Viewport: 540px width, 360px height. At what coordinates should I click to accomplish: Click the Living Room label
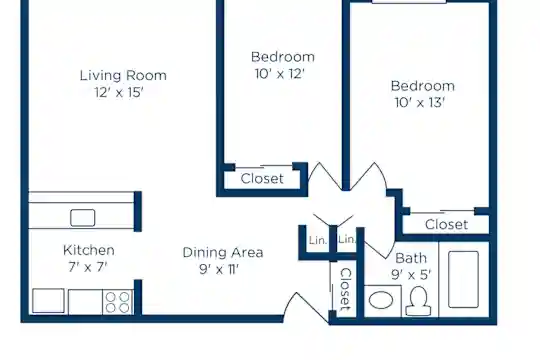tap(123, 75)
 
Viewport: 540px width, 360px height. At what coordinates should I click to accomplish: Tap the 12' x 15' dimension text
tap(119, 92)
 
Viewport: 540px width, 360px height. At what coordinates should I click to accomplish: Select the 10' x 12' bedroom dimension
tap(280, 74)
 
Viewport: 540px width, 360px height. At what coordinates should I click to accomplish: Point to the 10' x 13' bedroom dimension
tap(420, 103)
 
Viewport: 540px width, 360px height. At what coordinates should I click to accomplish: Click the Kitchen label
tap(89, 250)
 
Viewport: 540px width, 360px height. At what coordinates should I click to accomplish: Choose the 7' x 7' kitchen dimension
tap(88, 267)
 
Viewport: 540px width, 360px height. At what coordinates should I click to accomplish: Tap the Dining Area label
tap(223, 253)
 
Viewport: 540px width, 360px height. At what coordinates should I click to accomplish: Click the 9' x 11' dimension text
tap(219, 269)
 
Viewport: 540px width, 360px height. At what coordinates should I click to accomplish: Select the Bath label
tap(411, 258)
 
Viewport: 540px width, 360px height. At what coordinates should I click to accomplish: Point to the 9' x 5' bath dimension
tap(411, 275)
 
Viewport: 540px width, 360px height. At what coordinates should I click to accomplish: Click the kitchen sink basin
tap(83, 218)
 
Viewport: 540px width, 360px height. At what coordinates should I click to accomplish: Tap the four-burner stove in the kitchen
tap(117, 302)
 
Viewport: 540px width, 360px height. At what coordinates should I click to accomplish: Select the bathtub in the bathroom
tap(464, 279)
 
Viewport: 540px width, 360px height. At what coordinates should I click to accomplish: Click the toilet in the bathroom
tap(418, 301)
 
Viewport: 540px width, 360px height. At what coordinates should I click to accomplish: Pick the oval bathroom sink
tap(381, 300)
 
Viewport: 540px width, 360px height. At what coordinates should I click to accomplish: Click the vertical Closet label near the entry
tap(345, 289)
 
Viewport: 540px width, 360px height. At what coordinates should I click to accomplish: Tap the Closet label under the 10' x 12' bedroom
tap(262, 179)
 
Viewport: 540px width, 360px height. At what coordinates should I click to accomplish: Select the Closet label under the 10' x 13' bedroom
tap(446, 225)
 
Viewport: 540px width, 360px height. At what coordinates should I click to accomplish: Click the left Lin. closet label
tap(318, 240)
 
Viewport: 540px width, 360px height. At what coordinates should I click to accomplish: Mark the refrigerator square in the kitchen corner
tap(48, 301)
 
